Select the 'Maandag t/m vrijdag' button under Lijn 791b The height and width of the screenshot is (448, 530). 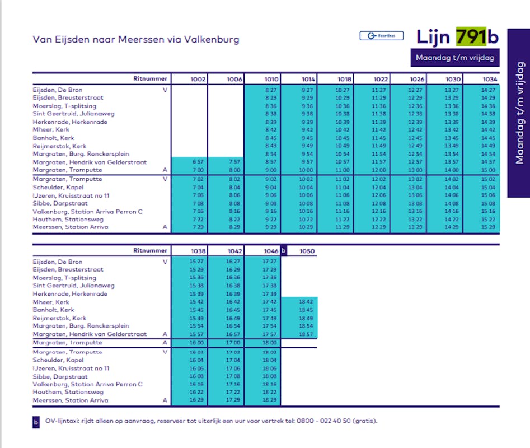coord(455,58)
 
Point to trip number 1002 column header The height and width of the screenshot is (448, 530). coord(198,80)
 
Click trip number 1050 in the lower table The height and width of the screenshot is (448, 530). coord(307,251)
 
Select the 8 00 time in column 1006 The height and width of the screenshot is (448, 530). coord(234,170)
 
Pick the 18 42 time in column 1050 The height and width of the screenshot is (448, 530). coord(306,302)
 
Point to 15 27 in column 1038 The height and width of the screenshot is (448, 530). coord(198,262)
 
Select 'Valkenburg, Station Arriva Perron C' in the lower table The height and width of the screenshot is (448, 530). coord(88,384)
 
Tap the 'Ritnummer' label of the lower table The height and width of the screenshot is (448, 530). coord(150,251)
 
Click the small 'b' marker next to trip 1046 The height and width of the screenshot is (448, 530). coord(283,251)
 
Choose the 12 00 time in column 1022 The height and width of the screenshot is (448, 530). coord(379,170)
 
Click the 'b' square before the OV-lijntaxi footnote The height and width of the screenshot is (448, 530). coord(36,422)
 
